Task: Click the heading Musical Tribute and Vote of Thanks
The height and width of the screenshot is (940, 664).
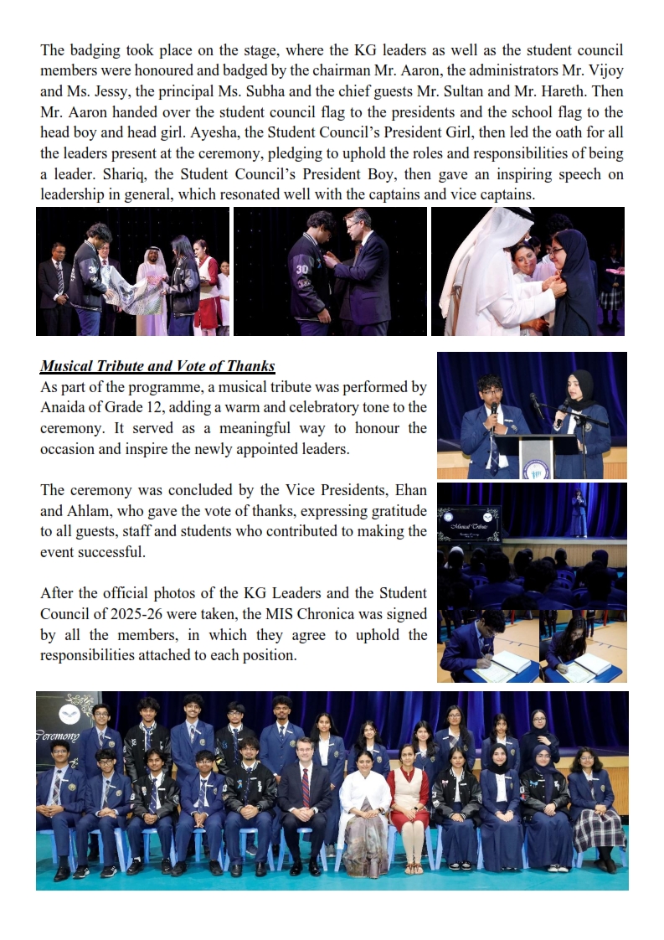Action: [157, 367]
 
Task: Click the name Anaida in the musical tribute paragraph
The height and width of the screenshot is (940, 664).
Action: [66, 408]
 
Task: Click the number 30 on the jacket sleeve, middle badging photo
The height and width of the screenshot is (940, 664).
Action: [302, 271]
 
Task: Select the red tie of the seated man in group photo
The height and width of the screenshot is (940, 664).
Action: [305, 784]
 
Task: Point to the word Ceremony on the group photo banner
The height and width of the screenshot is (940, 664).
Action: [57, 736]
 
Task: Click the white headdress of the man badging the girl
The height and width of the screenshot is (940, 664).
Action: [477, 251]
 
